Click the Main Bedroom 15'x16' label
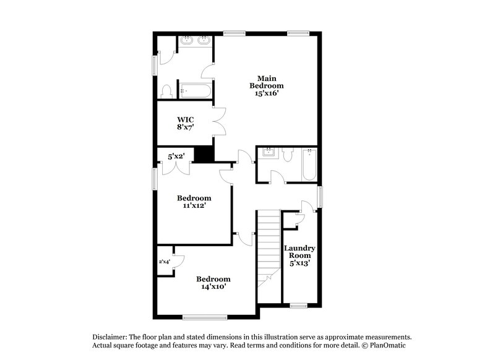coord(267,85)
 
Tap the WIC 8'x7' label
coord(186,123)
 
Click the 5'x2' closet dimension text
coord(177,156)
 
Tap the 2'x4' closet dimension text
coord(165,262)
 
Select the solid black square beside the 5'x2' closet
coord(204,154)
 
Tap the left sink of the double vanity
coord(187,42)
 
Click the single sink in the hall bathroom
coord(269,152)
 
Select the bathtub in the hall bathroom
coord(309,165)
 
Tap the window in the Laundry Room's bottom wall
coord(299,305)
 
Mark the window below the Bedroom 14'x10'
coord(201,317)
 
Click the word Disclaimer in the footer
coord(110,334)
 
